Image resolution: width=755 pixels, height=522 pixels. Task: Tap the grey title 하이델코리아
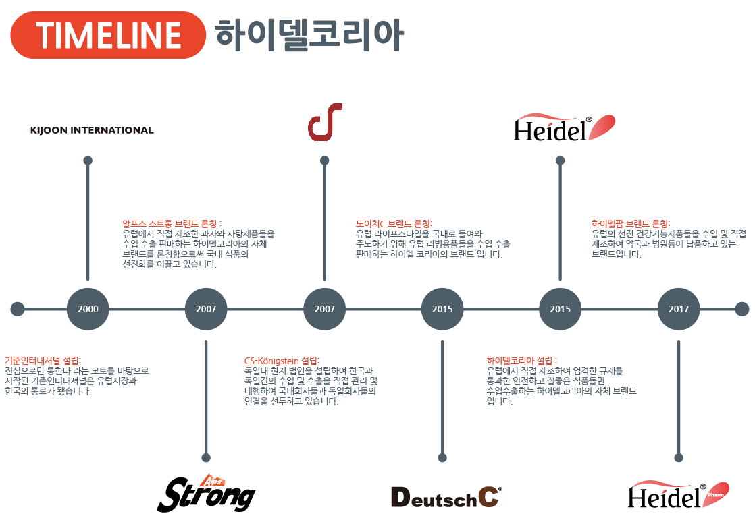[x=309, y=34]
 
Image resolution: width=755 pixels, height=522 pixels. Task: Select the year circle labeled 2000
[x=88, y=309]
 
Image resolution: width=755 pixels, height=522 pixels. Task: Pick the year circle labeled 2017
[x=679, y=309]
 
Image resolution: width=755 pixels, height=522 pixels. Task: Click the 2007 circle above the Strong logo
[x=206, y=309]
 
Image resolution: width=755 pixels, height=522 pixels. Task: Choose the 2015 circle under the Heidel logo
[x=560, y=309]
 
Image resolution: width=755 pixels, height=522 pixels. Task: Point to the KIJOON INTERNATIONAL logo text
[x=92, y=130]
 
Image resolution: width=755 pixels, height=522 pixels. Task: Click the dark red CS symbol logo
[x=325, y=122]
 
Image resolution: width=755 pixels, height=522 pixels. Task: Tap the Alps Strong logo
[x=206, y=493]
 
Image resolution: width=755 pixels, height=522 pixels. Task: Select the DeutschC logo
[x=446, y=497]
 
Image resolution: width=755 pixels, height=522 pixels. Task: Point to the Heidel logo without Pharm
[x=564, y=127]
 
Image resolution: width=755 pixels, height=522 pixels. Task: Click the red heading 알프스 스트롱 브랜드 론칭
[x=172, y=223]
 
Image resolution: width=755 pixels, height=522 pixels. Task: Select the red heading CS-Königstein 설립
[x=282, y=360]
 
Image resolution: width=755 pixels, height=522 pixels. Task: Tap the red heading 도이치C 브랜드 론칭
[x=394, y=223]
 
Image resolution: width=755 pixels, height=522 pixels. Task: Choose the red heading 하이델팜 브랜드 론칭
[x=631, y=223]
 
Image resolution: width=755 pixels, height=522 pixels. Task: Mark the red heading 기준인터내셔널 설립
[x=43, y=360]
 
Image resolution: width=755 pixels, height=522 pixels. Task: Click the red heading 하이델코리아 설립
[x=522, y=360]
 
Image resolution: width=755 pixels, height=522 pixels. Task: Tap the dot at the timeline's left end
[x=18, y=309]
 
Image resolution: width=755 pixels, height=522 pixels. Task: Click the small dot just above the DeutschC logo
[x=442, y=458]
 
